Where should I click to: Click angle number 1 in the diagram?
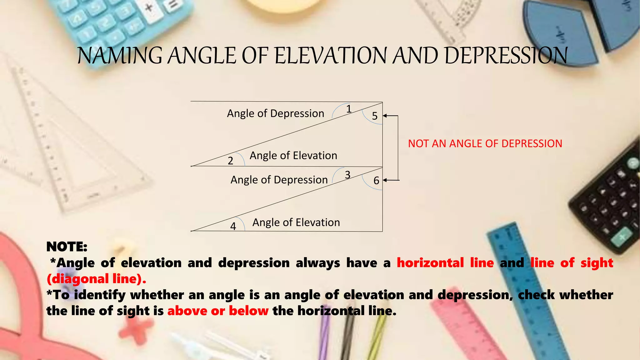pos(349,109)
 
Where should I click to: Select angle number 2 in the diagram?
pos(230,161)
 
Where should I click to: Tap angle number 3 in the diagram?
pos(347,175)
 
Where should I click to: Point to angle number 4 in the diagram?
pos(233,226)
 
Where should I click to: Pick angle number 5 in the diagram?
pos(375,116)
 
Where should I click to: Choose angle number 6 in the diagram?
pos(376,181)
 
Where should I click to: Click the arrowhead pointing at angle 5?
pos(385,116)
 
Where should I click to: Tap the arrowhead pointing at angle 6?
pos(385,180)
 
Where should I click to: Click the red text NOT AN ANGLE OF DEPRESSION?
pos(485,144)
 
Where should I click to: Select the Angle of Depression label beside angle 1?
pos(275,113)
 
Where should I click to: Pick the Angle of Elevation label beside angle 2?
pos(293,156)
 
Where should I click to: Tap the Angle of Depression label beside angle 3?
pos(279,180)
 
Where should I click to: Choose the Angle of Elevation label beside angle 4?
pos(296,222)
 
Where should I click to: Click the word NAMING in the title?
pos(120,56)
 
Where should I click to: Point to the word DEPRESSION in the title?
pos(506,56)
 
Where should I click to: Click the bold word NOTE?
pos(67,247)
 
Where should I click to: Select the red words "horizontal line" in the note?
pos(445,263)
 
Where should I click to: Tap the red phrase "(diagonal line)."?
pos(96,279)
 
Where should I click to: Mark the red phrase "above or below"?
pos(218,311)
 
